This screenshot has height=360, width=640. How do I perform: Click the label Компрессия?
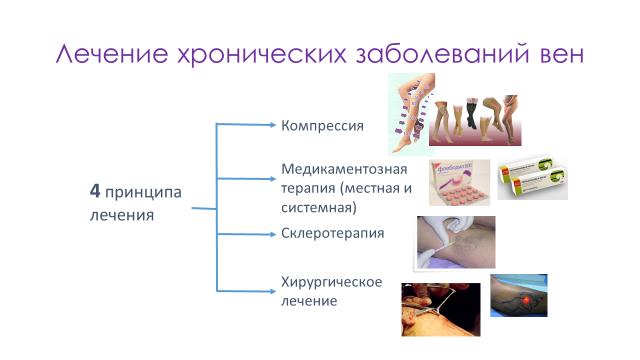pyautogui.click(x=321, y=126)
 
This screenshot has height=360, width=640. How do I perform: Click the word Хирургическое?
pyautogui.click(x=332, y=281)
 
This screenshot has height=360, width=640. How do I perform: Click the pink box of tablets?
pyautogui.click(x=460, y=182)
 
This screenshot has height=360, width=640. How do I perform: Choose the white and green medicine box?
pyautogui.click(x=532, y=179)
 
